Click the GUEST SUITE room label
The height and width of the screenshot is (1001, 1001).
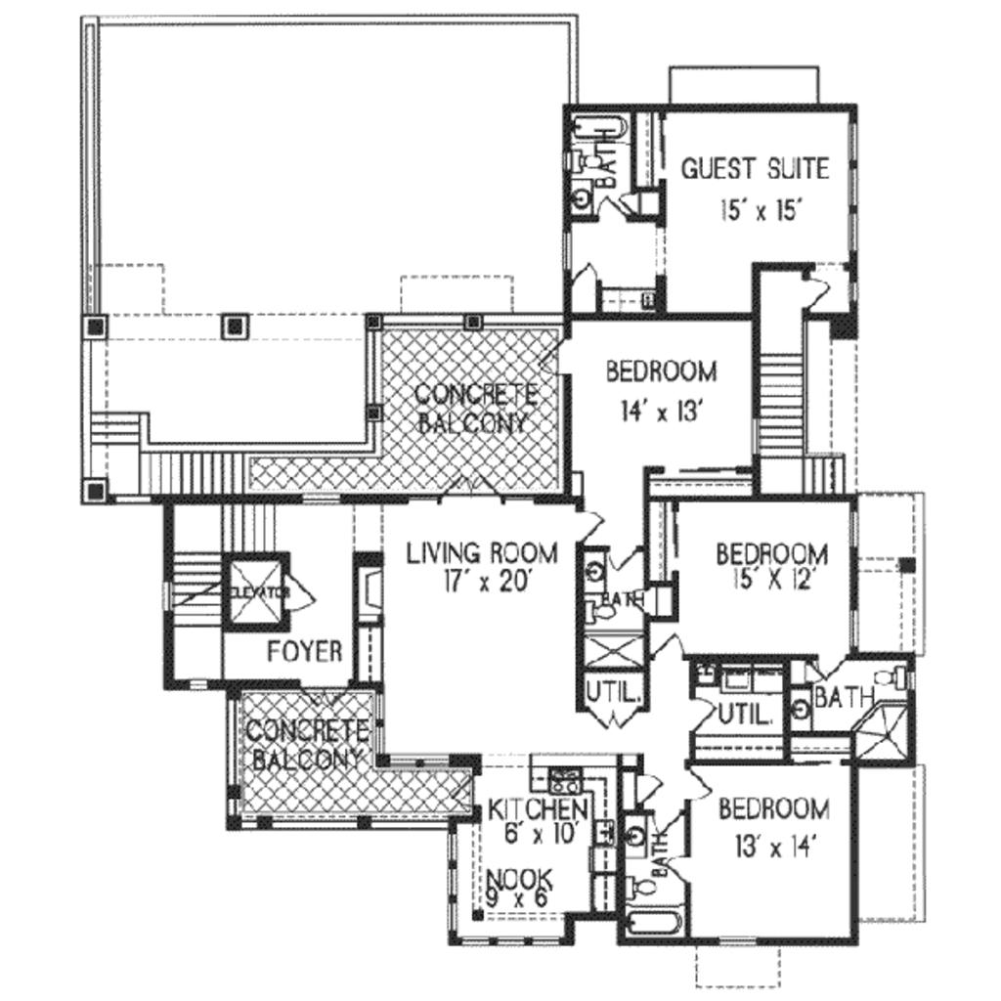click(x=754, y=168)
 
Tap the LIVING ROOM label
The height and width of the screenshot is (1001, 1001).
click(x=482, y=553)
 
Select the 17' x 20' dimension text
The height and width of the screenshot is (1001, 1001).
click(x=482, y=582)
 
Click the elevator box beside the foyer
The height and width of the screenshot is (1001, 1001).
click(x=253, y=591)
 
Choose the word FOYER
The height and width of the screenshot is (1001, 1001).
click(x=304, y=651)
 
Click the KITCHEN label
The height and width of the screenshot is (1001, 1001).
click(x=538, y=809)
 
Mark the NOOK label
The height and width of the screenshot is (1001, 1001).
click(x=519, y=877)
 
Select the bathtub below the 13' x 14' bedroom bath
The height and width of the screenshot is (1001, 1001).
click(x=649, y=924)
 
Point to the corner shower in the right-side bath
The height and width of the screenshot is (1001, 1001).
click(x=883, y=731)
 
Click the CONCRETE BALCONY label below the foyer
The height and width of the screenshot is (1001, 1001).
click(x=306, y=745)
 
